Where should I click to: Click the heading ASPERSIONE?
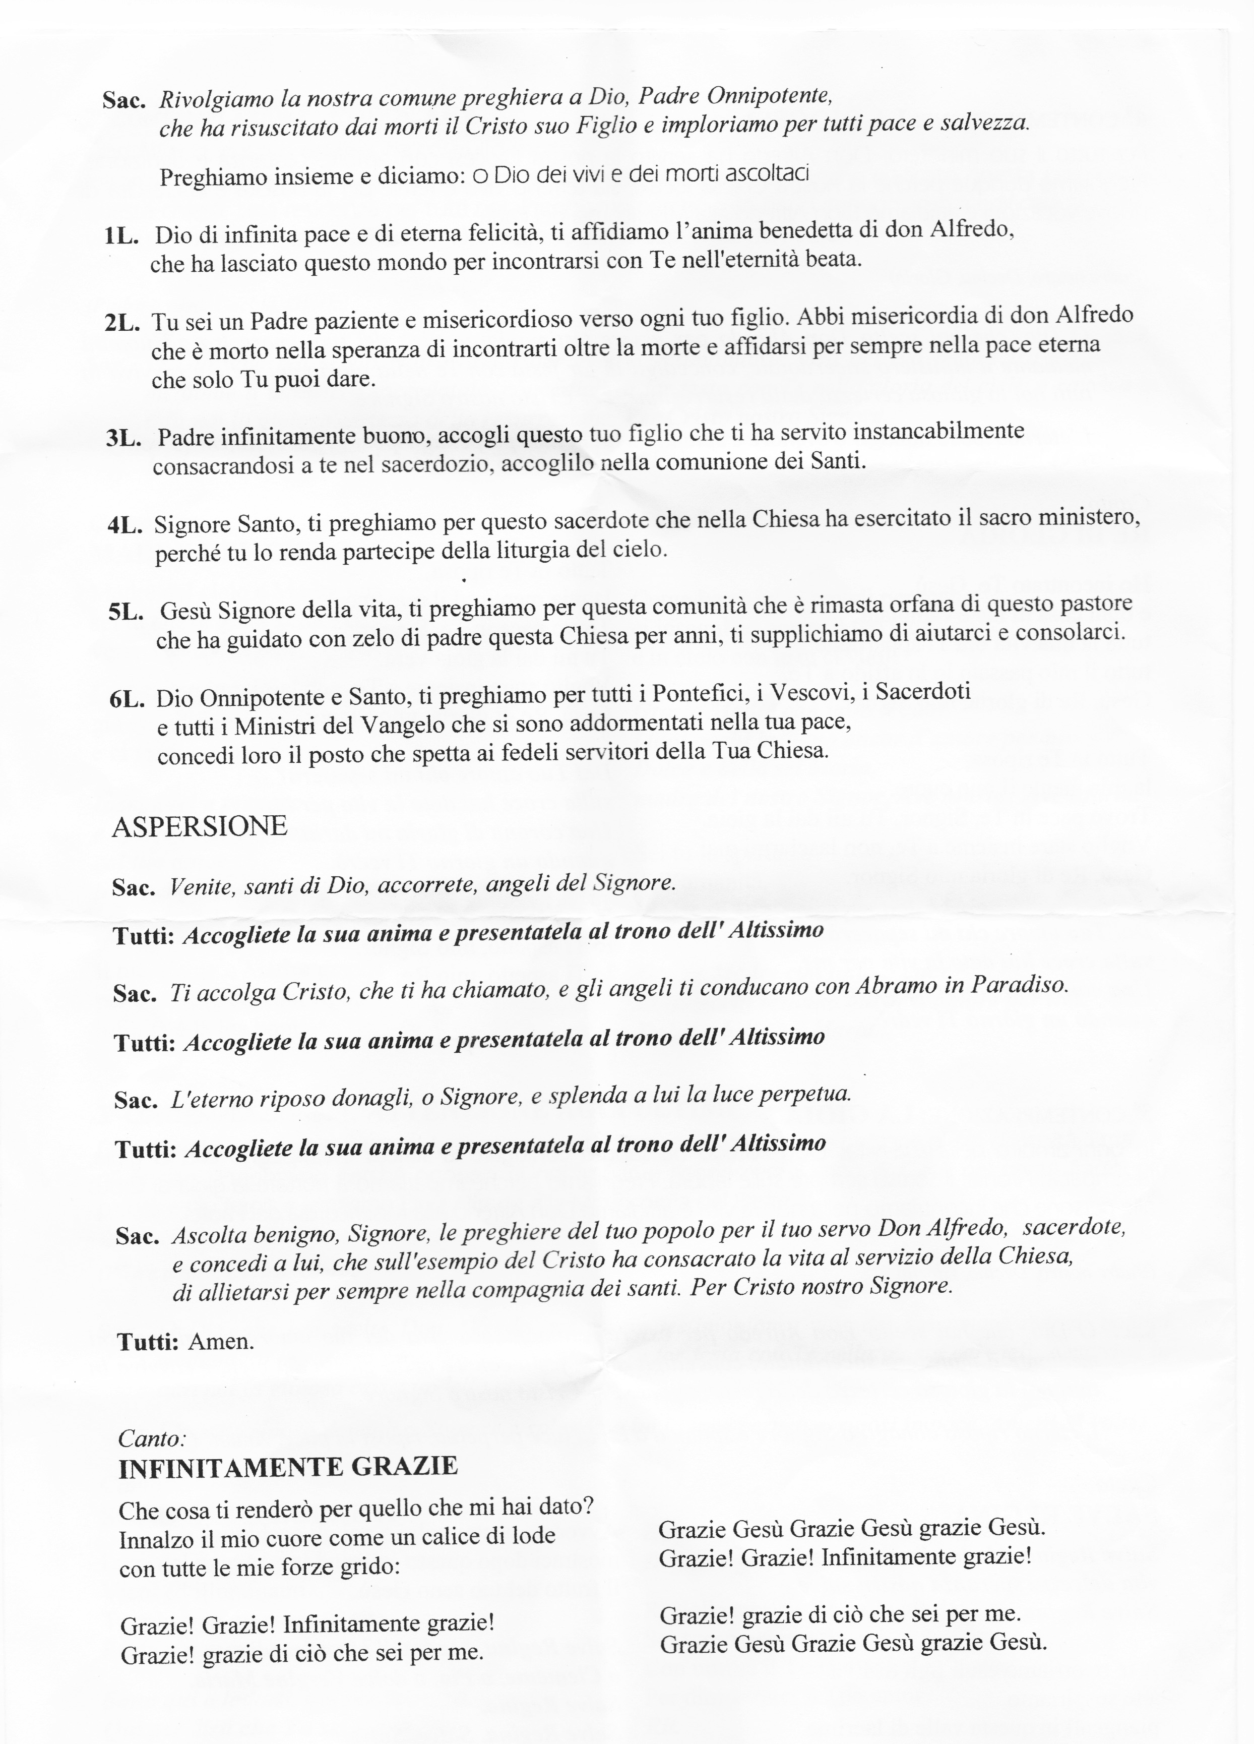tap(199, 827)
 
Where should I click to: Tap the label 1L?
tap(120, 236)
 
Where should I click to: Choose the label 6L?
tap(128, 700)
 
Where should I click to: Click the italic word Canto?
tap(152, 1438)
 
